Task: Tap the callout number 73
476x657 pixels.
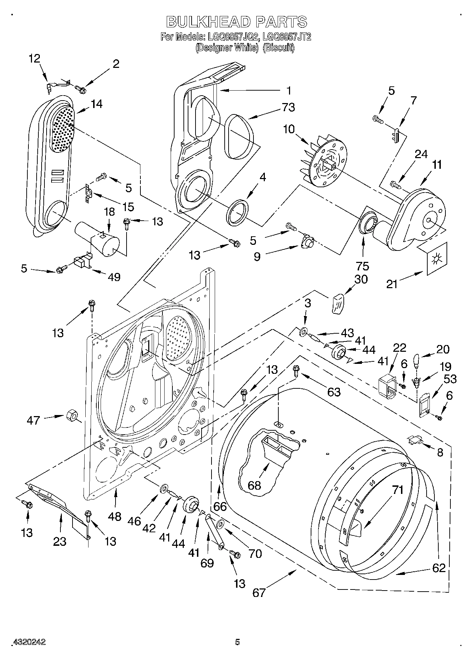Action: (x=288, y=107)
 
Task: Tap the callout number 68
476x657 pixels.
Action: (x=254, y=485)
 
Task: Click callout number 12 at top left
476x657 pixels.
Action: (x=34, y=59)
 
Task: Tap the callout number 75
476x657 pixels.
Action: (x=363, y=266)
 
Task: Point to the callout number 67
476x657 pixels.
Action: (x=259, y=592)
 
